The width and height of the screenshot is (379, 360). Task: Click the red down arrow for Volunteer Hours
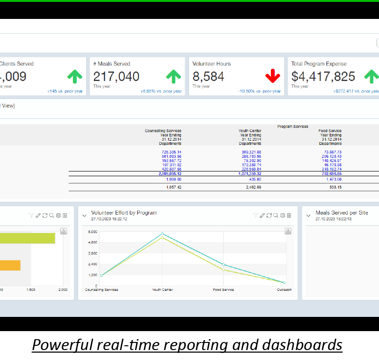[x=272, y=76]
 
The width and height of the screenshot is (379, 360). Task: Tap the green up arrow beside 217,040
[x=173, y=76]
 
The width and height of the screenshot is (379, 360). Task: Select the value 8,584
[x=208, y=77]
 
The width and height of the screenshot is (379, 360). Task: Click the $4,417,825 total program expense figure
[x=323, y=77]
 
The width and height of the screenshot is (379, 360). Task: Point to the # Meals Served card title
[x=112, y=64]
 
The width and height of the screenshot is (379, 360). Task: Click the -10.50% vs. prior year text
[x=259, y=91]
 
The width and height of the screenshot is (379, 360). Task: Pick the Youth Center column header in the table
[x=250, y=131]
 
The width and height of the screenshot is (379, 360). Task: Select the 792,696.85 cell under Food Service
[x=330, y=174]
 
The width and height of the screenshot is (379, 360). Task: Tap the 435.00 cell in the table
[x=255, y=180]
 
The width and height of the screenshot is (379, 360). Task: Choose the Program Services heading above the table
[x=293, y=126]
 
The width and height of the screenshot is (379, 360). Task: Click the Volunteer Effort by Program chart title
[x=124, y=213]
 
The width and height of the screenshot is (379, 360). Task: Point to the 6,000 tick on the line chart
[x=92, y=232]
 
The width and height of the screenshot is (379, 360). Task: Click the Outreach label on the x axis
[x=284, y=290]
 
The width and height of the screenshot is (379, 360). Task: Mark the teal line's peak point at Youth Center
[x=162, y=234]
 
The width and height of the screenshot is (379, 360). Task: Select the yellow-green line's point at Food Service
[x=223, y=270]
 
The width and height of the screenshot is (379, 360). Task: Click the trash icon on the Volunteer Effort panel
[x=289, y=216]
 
